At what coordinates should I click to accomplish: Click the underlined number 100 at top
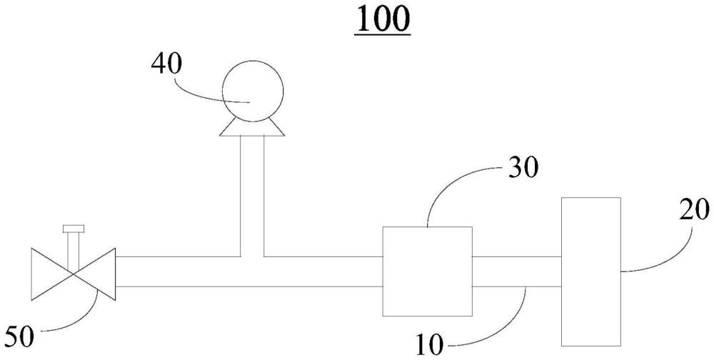tap(384, 19)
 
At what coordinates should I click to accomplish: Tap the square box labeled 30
tap(427, 271)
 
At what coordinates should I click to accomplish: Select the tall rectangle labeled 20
tap(590, 271)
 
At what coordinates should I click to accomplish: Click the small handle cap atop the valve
tap(74, 229)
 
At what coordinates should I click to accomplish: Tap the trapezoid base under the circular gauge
tap(253, 128)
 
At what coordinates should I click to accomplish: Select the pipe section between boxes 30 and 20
tap(516, 271)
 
